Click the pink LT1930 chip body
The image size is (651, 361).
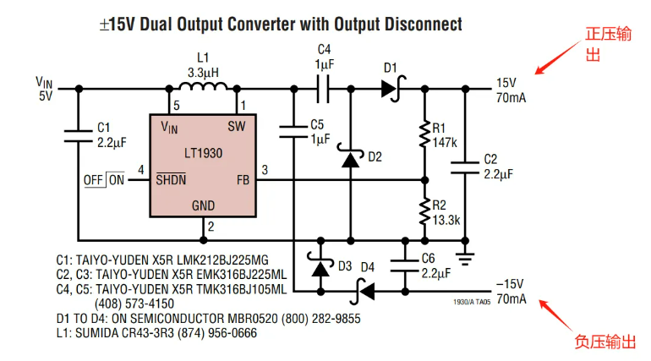pos(204,166)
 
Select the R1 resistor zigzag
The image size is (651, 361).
pos(423,133)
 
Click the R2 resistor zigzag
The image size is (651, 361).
pos(423,211)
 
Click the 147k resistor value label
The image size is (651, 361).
pos(445,142)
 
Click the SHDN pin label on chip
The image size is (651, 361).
pos(172,179)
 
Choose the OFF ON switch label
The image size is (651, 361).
pos(103,179)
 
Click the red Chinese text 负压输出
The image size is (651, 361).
pos(604,342)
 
